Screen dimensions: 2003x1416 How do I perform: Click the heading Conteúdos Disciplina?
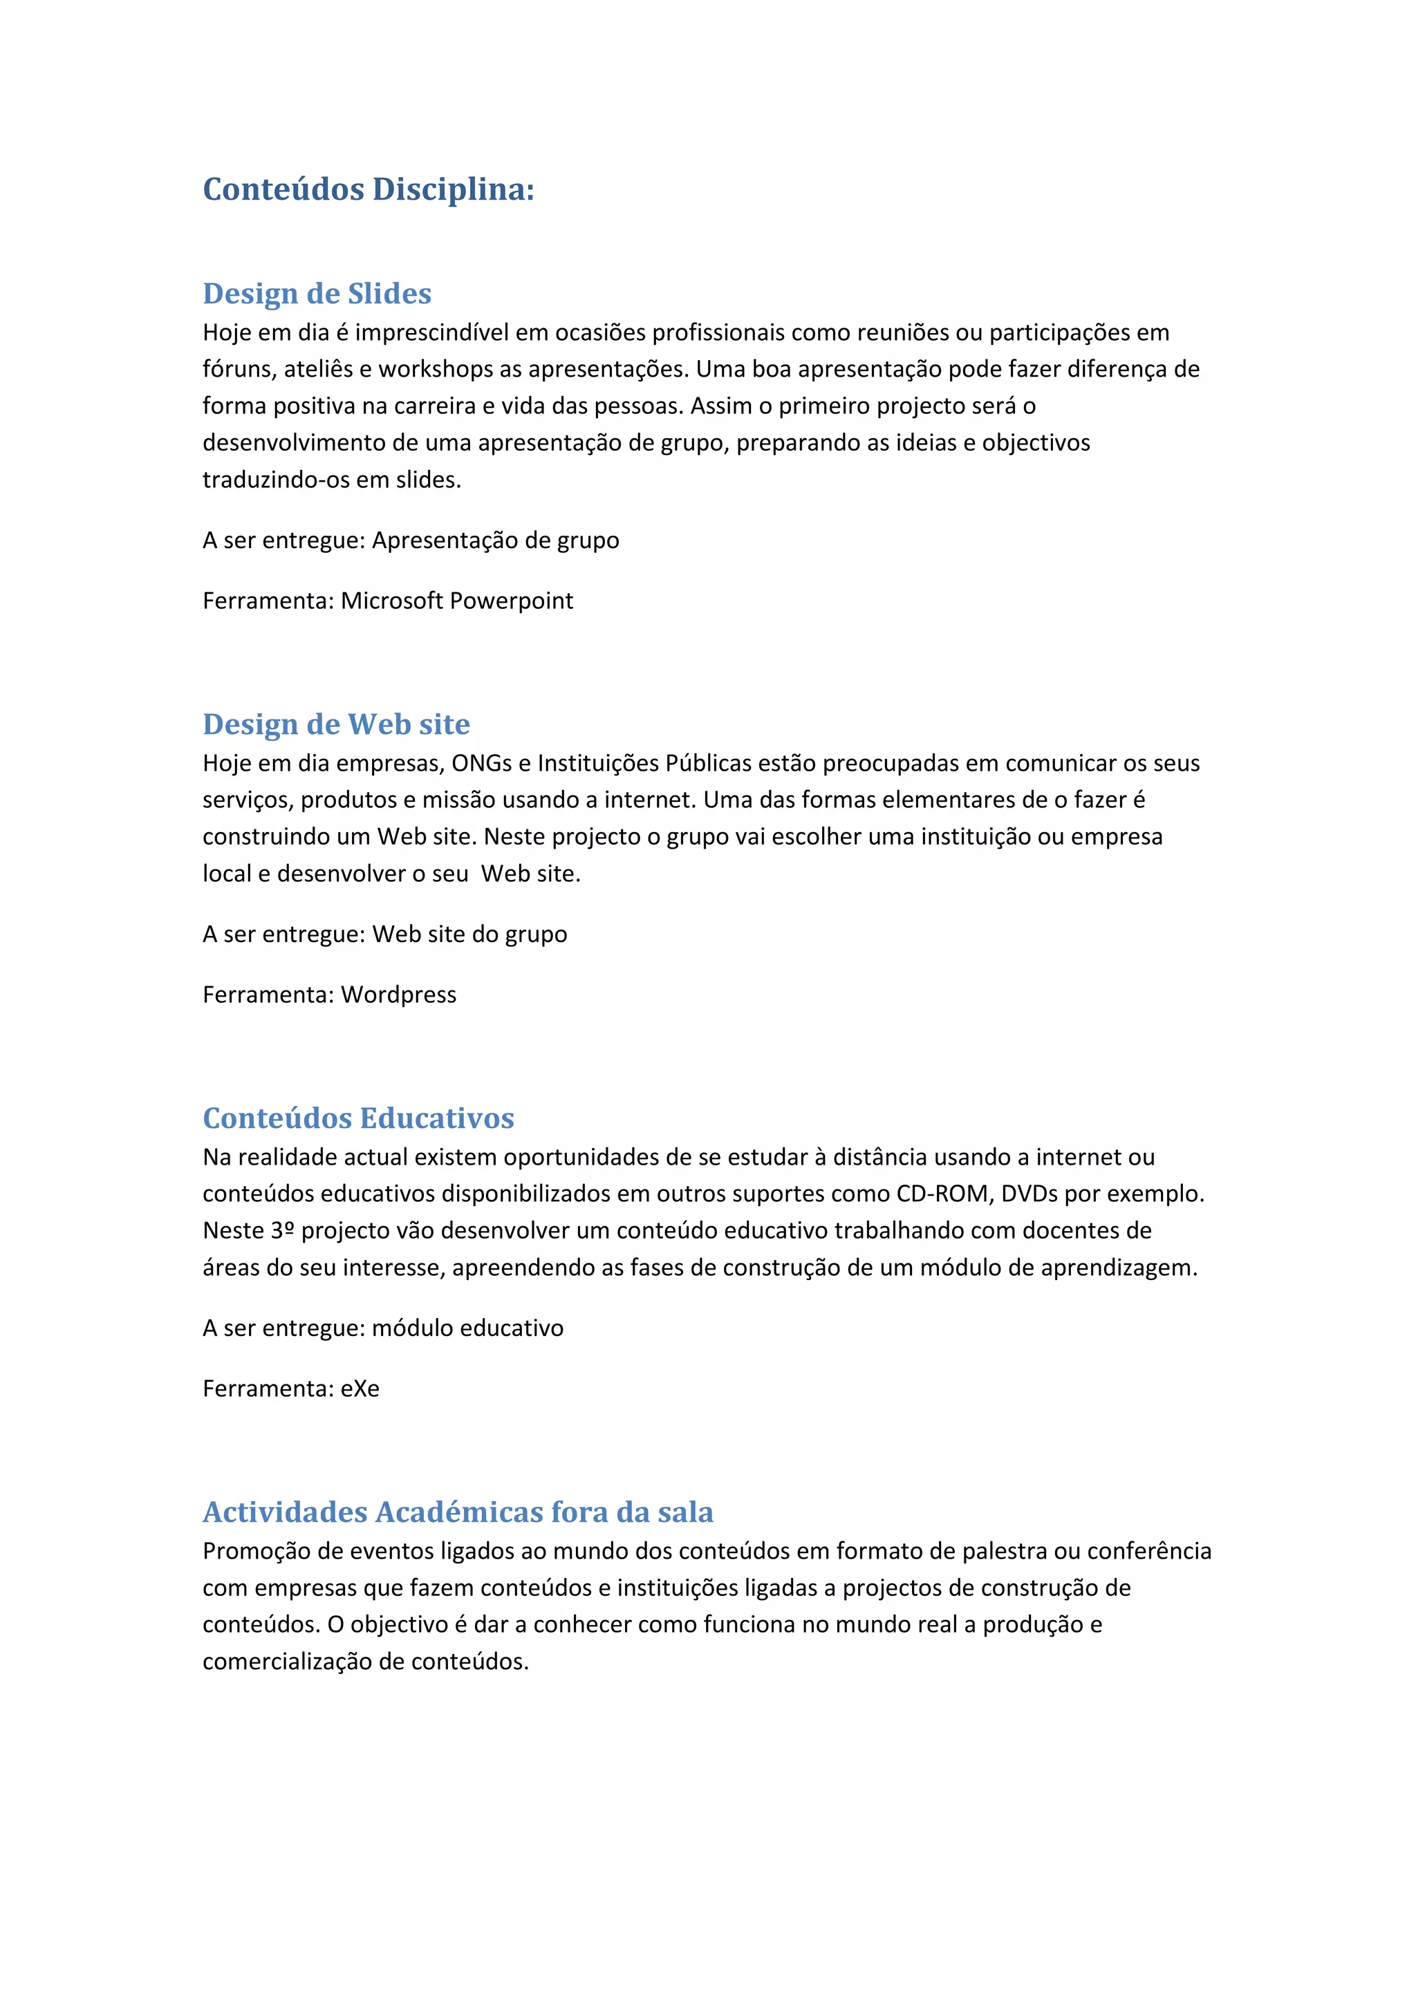[369, 189]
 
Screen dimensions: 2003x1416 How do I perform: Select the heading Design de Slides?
[317, 293]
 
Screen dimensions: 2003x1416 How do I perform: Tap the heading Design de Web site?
[336, 724]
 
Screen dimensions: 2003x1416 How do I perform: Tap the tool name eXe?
[360, 1389]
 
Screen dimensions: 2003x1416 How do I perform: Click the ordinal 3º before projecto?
[282, 1231]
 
